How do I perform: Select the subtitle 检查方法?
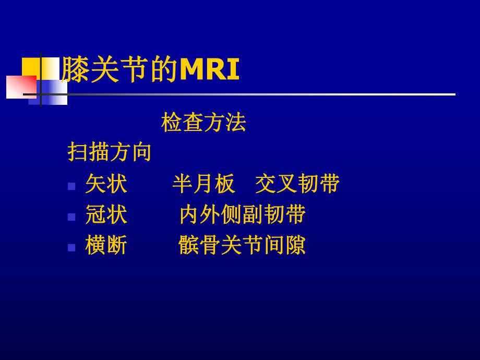(x=203, y=123)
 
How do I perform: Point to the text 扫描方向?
(x=110, y=152)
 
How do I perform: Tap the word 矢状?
(x=106, y=184)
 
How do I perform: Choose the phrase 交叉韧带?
(x=297, y=184)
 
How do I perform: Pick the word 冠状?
(x=106, y=214)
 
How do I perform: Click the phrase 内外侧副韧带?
(x=242, y=214)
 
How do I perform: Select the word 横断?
(x=106, y=245)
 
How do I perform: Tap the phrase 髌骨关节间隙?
(x=242, y=245)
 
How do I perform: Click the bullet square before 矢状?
(x=72, y=186)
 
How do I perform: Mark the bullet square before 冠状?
(x=72, y=217)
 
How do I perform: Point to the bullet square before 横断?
(x=72, y=247)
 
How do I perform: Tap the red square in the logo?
(x=20, y=87)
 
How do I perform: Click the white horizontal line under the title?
(x=261, y=94)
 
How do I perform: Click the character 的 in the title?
(x=164, y=70)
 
